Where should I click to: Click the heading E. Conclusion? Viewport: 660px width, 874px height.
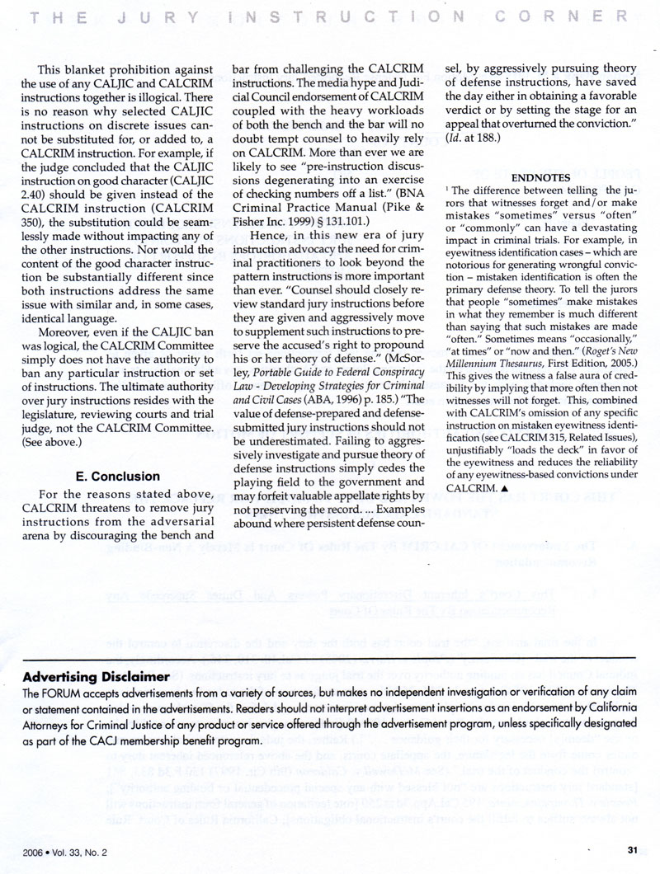tap(117, 477)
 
